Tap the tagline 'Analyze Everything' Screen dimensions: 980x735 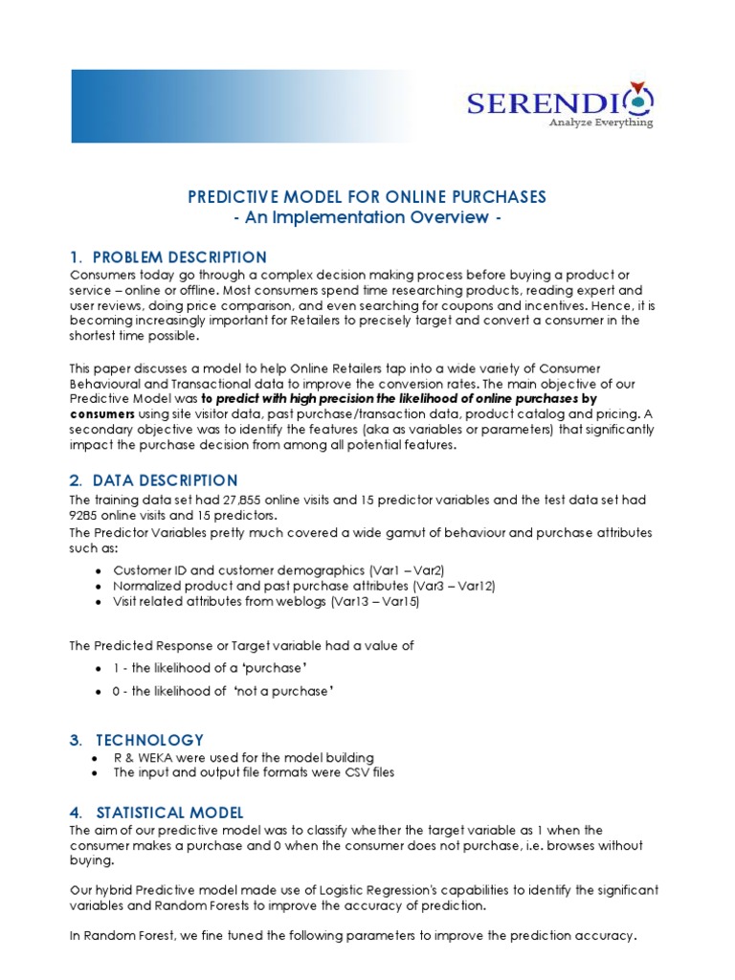coord(600,122)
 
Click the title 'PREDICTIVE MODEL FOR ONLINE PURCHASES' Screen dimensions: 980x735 coord(367,197)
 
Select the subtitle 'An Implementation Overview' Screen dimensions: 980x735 coord(367,217)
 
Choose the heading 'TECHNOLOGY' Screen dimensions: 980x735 coord(149,740)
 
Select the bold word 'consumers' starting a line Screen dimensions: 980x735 coord(100,414)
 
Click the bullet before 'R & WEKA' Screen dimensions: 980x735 coord(93,758)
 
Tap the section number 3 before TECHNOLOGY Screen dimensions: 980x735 coord(76,740)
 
